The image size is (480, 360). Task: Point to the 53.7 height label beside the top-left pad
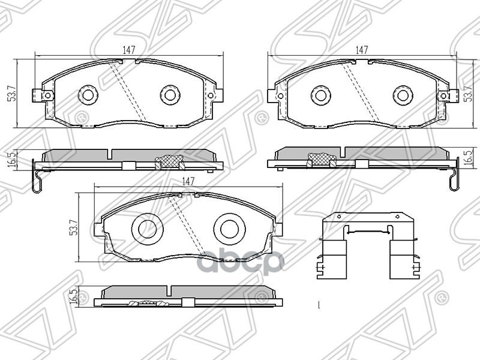[x=10, y=94]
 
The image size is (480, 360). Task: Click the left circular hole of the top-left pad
[x=88, y=94]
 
